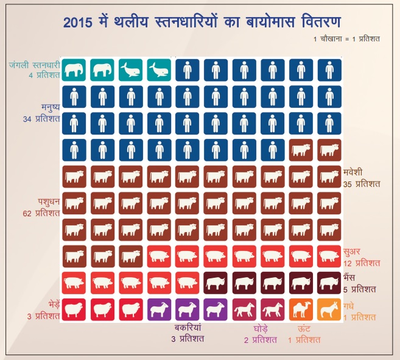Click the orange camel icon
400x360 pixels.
(x=301, y=309)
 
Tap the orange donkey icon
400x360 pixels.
(x=329, y=309)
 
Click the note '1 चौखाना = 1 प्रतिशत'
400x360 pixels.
(x=346, y=40)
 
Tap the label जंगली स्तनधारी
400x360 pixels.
(x=34, y=65)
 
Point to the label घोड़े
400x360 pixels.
(x=261, y=328)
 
